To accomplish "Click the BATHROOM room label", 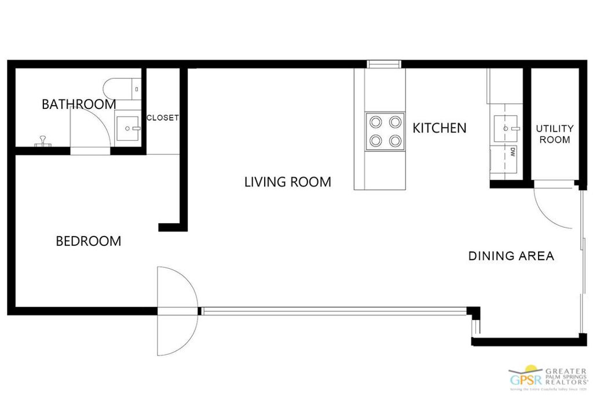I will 79,104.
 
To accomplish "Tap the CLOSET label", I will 163,118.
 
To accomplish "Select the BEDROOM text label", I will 89,241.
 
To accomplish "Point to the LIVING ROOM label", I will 288,182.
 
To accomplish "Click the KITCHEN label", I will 439,128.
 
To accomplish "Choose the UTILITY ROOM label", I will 554,134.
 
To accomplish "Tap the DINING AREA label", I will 511,256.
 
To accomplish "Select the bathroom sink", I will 128,128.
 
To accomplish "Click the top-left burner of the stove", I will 376,122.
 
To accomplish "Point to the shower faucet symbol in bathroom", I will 42,141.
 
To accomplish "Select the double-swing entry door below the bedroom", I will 177,311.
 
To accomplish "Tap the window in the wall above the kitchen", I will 384,64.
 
